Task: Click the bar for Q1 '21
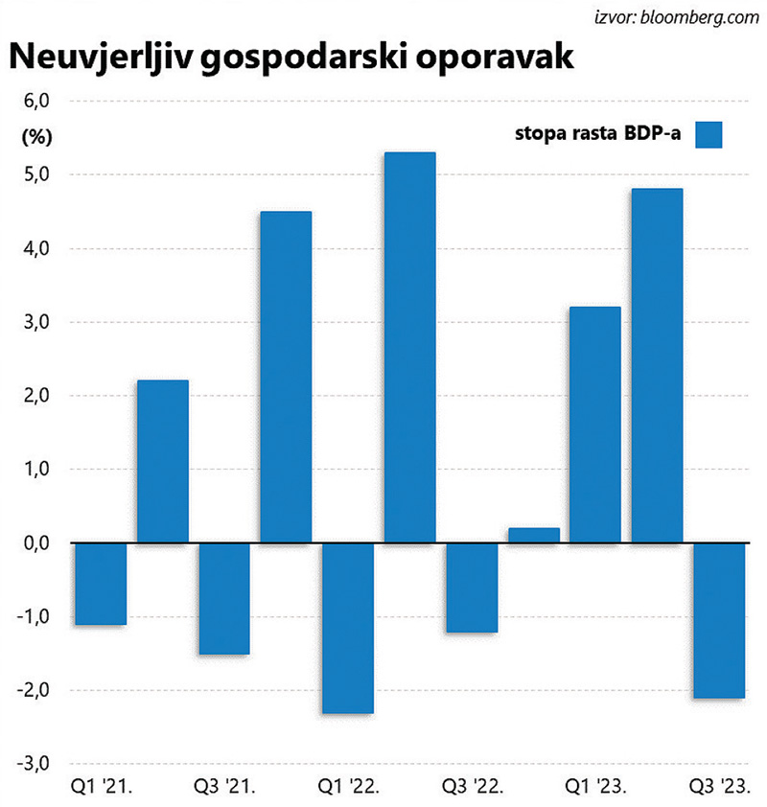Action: pyautogui.click(x=101, y=584)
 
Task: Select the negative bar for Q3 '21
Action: pyautogui.click(x=224, y=598)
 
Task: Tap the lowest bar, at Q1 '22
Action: pyautogui.click(x=348, y=628)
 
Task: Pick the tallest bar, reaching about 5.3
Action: pyautogui.click(x=409, y=347)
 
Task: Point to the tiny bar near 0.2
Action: pyautogui.click(x=534, y=535)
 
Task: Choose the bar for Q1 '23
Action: pyautogui.click(x=595, y=425)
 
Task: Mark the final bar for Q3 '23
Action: pyautogui.click(x=719, y=620)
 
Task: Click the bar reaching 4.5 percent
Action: pyautogui.click(x=286, y=377)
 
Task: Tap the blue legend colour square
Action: pyautogui.click(x=709, y=135)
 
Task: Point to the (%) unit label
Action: pyautogui.click(x=35, y=135)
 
